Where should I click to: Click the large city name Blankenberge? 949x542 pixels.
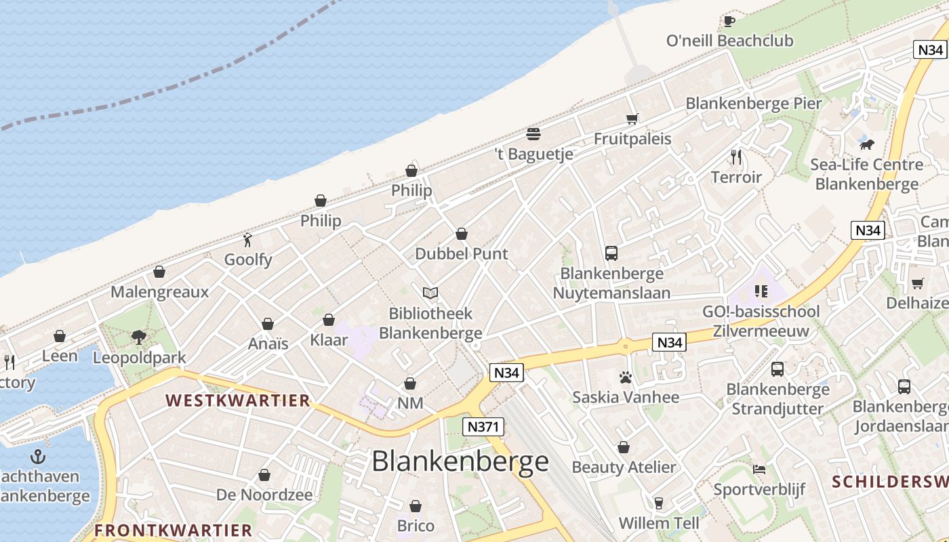point(460,461)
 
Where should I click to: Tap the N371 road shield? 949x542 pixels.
point(483,427)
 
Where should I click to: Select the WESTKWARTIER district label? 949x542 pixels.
point(238,400)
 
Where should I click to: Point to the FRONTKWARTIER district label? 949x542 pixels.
point(173,530)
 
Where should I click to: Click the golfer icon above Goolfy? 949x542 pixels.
point(248,241)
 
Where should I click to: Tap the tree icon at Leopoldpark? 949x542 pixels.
point(139,337)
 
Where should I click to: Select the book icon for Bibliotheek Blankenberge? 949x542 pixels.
point(430,293)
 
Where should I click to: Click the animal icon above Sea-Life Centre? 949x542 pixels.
point(866,144)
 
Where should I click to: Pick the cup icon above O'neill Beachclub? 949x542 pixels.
point(729,21)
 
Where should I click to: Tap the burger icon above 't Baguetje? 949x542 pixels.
point(533,133)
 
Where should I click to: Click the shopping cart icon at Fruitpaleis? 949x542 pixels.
point(632,119)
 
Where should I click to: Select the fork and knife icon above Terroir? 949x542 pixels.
point(736,157)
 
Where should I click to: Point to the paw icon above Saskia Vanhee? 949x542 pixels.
point(625,377)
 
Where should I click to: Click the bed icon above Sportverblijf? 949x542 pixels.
point(759,469)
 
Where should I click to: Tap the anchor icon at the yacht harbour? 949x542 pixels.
point(38,456)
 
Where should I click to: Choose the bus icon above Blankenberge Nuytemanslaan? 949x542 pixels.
point(611,253)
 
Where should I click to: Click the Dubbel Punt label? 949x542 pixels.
point(461,254)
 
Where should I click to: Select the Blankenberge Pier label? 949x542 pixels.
point(753,104)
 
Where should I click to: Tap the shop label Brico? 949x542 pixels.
point(416,526)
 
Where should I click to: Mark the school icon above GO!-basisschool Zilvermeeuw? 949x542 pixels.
point(761,291)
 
